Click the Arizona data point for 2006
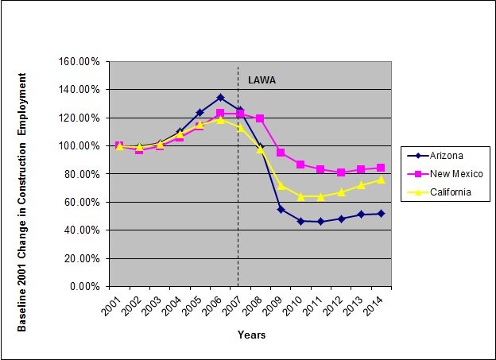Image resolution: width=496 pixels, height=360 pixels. pos(220,98)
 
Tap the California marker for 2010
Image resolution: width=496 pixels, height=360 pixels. pos(301,196)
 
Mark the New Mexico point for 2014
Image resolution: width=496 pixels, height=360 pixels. pos(382,168)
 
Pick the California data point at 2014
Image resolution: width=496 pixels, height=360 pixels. pos(382,180)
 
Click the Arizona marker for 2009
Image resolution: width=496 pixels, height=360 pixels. pos(281,209)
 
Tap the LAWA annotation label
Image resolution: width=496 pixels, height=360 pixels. pos(262,80)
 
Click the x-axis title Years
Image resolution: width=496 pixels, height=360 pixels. pos(251,335)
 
